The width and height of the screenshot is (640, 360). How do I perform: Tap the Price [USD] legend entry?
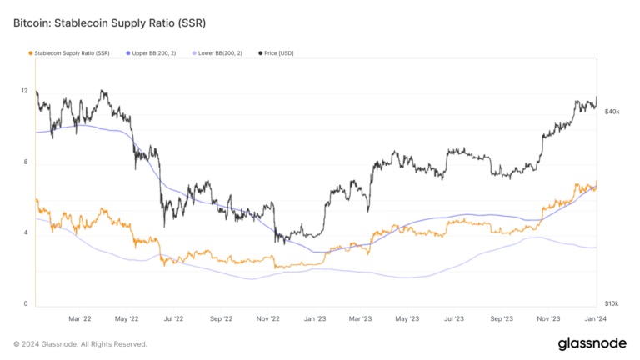[x=276, y=53]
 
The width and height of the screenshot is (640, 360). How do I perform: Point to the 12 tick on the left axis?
[x=24, y=91]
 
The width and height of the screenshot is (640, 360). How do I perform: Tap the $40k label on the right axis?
[x=612, y=112]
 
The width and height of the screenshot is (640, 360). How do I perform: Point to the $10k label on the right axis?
[x=612, y=303]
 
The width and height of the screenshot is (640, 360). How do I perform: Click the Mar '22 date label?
[x=79, y=318]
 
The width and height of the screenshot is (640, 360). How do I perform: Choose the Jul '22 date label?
[x=173, y=318]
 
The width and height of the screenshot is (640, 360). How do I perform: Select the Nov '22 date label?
[x=267, y=318]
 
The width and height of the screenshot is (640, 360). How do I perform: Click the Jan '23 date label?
[x=314, y=318]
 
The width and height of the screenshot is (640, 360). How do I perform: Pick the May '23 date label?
[x=407, y=318]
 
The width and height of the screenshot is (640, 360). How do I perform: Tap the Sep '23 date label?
[x=501, y=318]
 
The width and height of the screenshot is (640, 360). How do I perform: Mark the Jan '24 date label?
[x=596, y=318]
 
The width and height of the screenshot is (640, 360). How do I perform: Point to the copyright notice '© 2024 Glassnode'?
[x=80, y=343]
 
